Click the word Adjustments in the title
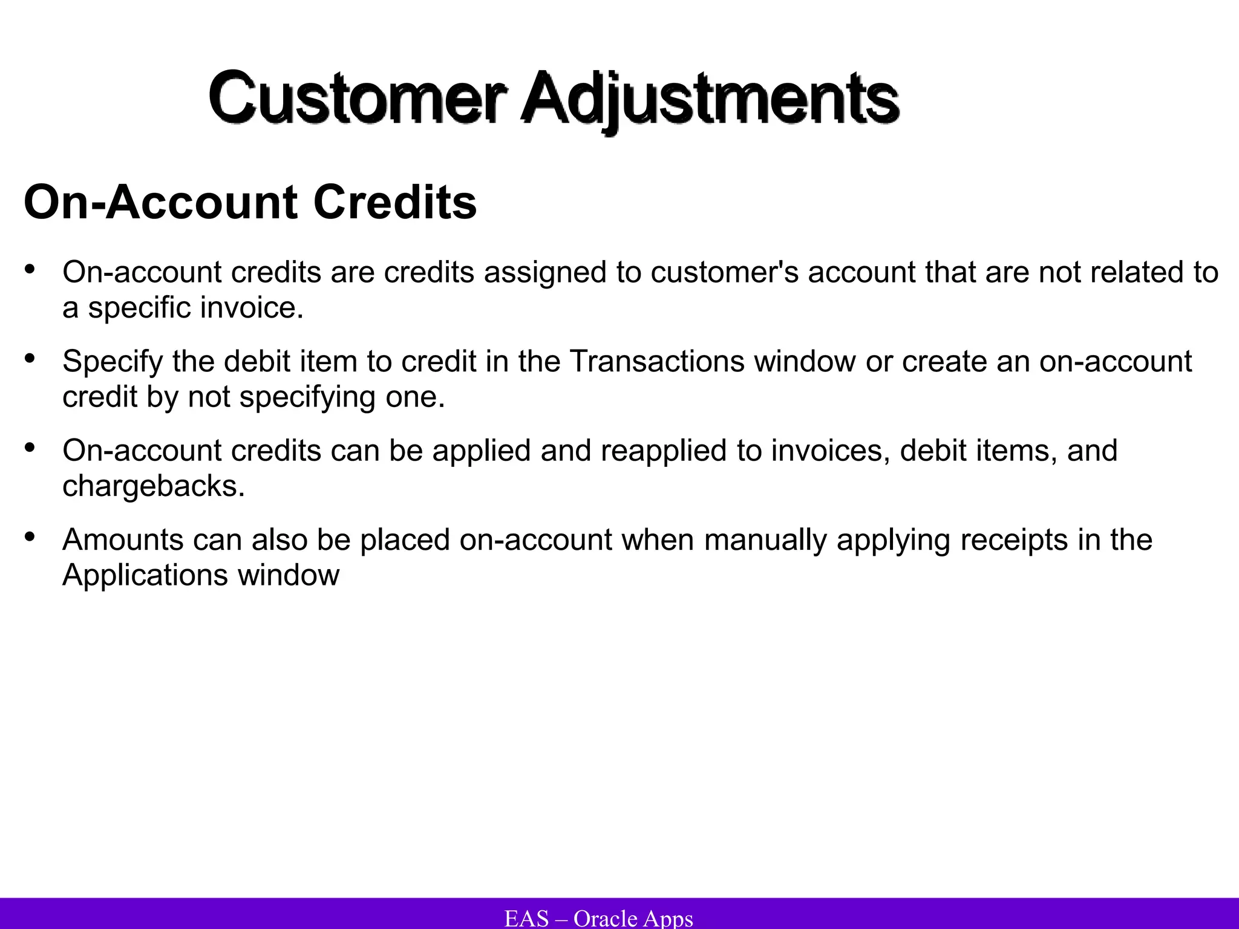click(x=710, y=98)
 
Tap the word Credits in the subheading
click(x=395, y=202)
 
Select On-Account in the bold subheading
click(x=160, y=202)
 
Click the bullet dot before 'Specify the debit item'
click(x=29, y=358)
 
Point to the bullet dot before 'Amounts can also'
click(x=29, y=536)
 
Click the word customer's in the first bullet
click(x=725, y=272)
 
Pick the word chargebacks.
click(x=154, y=486)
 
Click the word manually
click(x=765, y=539)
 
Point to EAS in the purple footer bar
click(x=526, y=918)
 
